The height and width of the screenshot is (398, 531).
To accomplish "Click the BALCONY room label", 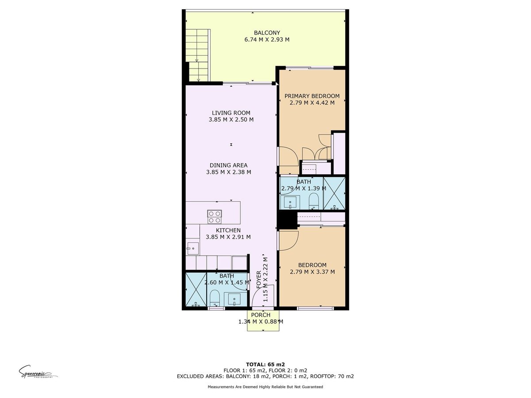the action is [267, 33].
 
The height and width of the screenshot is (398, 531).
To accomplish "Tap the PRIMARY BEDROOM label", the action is [312, 96].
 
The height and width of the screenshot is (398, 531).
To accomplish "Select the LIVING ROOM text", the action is [231, 113].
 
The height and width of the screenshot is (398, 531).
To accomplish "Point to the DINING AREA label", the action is [228, 165].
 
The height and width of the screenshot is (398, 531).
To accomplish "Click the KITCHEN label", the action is [228, 230].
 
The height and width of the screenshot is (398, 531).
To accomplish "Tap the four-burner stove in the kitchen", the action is [214, 217].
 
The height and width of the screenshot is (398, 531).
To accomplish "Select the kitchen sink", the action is [192, 249].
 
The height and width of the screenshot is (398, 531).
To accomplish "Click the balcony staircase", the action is [197, 55].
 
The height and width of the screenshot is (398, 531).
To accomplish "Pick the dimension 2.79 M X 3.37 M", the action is [312, 272].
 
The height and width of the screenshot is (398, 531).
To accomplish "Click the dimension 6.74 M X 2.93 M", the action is [267, 39].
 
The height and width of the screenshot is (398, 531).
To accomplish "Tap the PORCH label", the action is [261, 315].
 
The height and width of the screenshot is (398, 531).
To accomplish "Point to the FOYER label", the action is [258, 279].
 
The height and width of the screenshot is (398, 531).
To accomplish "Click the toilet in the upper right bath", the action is [314, 201].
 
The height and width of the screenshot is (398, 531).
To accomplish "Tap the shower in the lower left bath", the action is [196, 290].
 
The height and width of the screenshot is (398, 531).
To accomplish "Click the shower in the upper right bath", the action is [334, 193].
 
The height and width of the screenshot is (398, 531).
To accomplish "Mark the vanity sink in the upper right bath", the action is [290, 202].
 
